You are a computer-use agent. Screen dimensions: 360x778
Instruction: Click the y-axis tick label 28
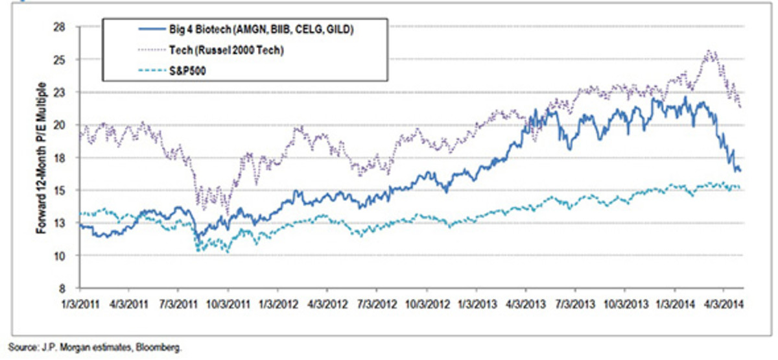(x=67, y=27)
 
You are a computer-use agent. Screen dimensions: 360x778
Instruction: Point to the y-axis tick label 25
(x=67, y=60)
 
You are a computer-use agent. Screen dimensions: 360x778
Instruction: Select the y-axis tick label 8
(x=69, y=288)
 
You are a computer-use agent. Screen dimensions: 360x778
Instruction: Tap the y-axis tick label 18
(x=67, y=158)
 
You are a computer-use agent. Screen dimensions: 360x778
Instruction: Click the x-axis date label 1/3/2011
(x=78, y=302)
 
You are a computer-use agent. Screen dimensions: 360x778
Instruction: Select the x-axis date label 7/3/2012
(x=377, y=302)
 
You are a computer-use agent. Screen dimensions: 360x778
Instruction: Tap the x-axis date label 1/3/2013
(x=477, y=302)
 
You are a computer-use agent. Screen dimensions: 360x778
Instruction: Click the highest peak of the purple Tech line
(x=708, y=51)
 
